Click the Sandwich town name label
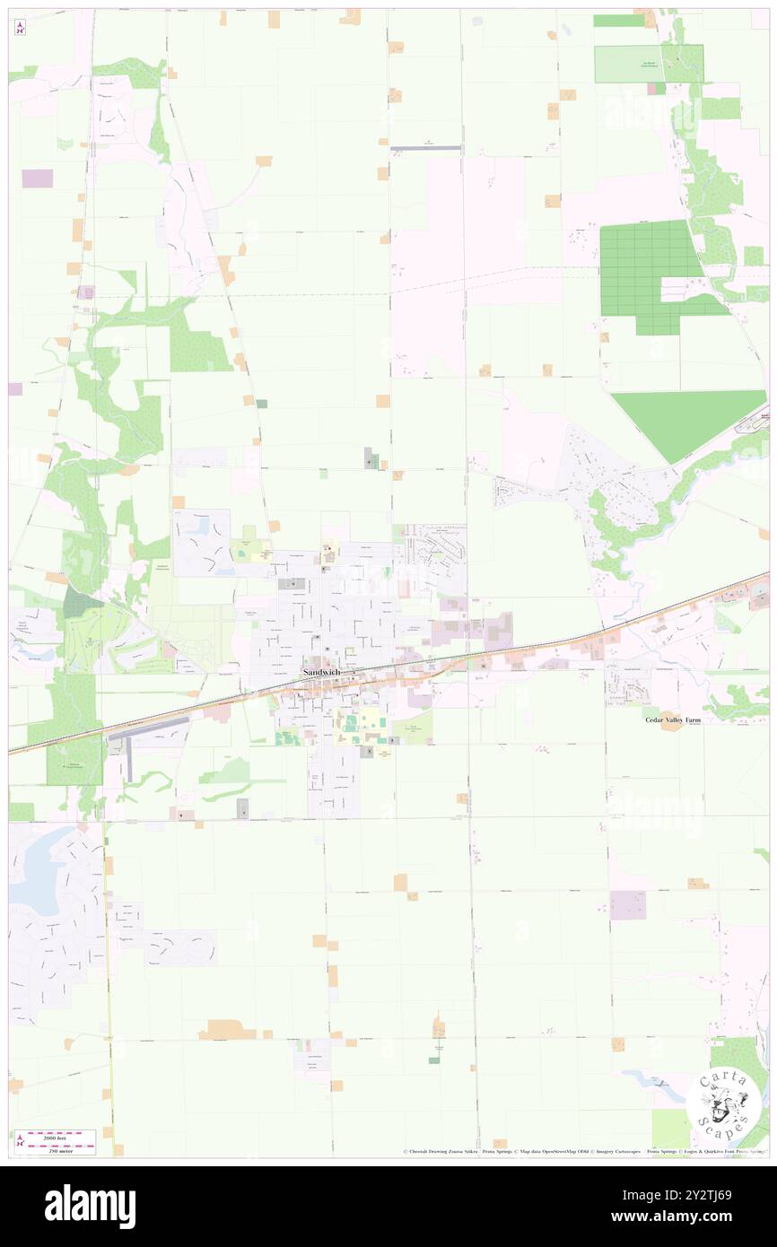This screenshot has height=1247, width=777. click(x=320, y=673)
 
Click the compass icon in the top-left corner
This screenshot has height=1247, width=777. click(x=20, y=28)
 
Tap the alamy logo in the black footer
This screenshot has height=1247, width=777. click(x=90, y=1207)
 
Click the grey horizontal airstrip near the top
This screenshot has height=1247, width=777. click(x=426, y=148)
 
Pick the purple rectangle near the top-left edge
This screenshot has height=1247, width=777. click(x=37, y=179)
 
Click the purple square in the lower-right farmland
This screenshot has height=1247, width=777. click(x=627, y=905)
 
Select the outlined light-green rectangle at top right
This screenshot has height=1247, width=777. click(x=648, y=64)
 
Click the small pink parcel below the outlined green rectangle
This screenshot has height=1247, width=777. click(x=660, y=88)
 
